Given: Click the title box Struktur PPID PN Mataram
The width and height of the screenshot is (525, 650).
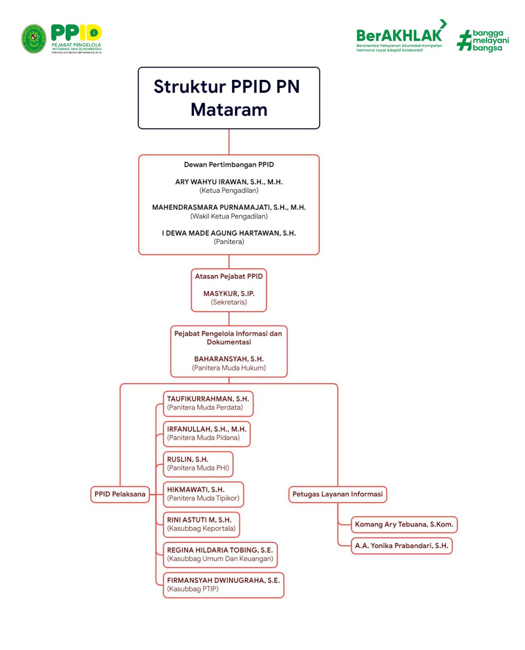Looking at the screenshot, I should point(228,98).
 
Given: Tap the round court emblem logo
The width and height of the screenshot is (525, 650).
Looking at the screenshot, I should point(34,39).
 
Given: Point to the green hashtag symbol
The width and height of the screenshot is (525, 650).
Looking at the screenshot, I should point(464,41).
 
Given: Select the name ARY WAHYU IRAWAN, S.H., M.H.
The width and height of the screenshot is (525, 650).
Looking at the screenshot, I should point(228,182).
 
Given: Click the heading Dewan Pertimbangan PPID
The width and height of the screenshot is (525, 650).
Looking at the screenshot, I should point(228,165).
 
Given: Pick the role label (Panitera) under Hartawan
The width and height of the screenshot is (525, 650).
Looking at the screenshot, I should point(228,242).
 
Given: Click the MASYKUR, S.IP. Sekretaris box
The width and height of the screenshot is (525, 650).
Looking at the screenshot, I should point(228,290).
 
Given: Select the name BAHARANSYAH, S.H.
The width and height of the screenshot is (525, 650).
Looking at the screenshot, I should point(228,359).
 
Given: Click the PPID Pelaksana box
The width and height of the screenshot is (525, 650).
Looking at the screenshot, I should point(120,494).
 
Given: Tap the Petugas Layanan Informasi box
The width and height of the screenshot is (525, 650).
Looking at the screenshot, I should point(337,494).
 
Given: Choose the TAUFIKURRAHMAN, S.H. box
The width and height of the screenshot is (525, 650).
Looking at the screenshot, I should point(208,403).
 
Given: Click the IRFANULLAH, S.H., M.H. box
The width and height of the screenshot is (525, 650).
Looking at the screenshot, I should point(206,434).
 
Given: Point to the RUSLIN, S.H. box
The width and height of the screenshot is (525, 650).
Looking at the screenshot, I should point(198,464).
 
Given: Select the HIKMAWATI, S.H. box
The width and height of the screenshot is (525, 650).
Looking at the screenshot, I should point(203,494).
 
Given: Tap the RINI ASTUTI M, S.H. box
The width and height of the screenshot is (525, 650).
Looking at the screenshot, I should point(201,524).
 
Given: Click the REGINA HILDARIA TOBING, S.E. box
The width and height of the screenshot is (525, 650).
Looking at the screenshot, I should point(220,554).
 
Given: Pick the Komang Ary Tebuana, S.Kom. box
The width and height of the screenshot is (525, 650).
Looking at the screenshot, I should point(404,524).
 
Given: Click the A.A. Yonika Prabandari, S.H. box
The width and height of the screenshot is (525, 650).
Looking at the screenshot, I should point(401,546).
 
